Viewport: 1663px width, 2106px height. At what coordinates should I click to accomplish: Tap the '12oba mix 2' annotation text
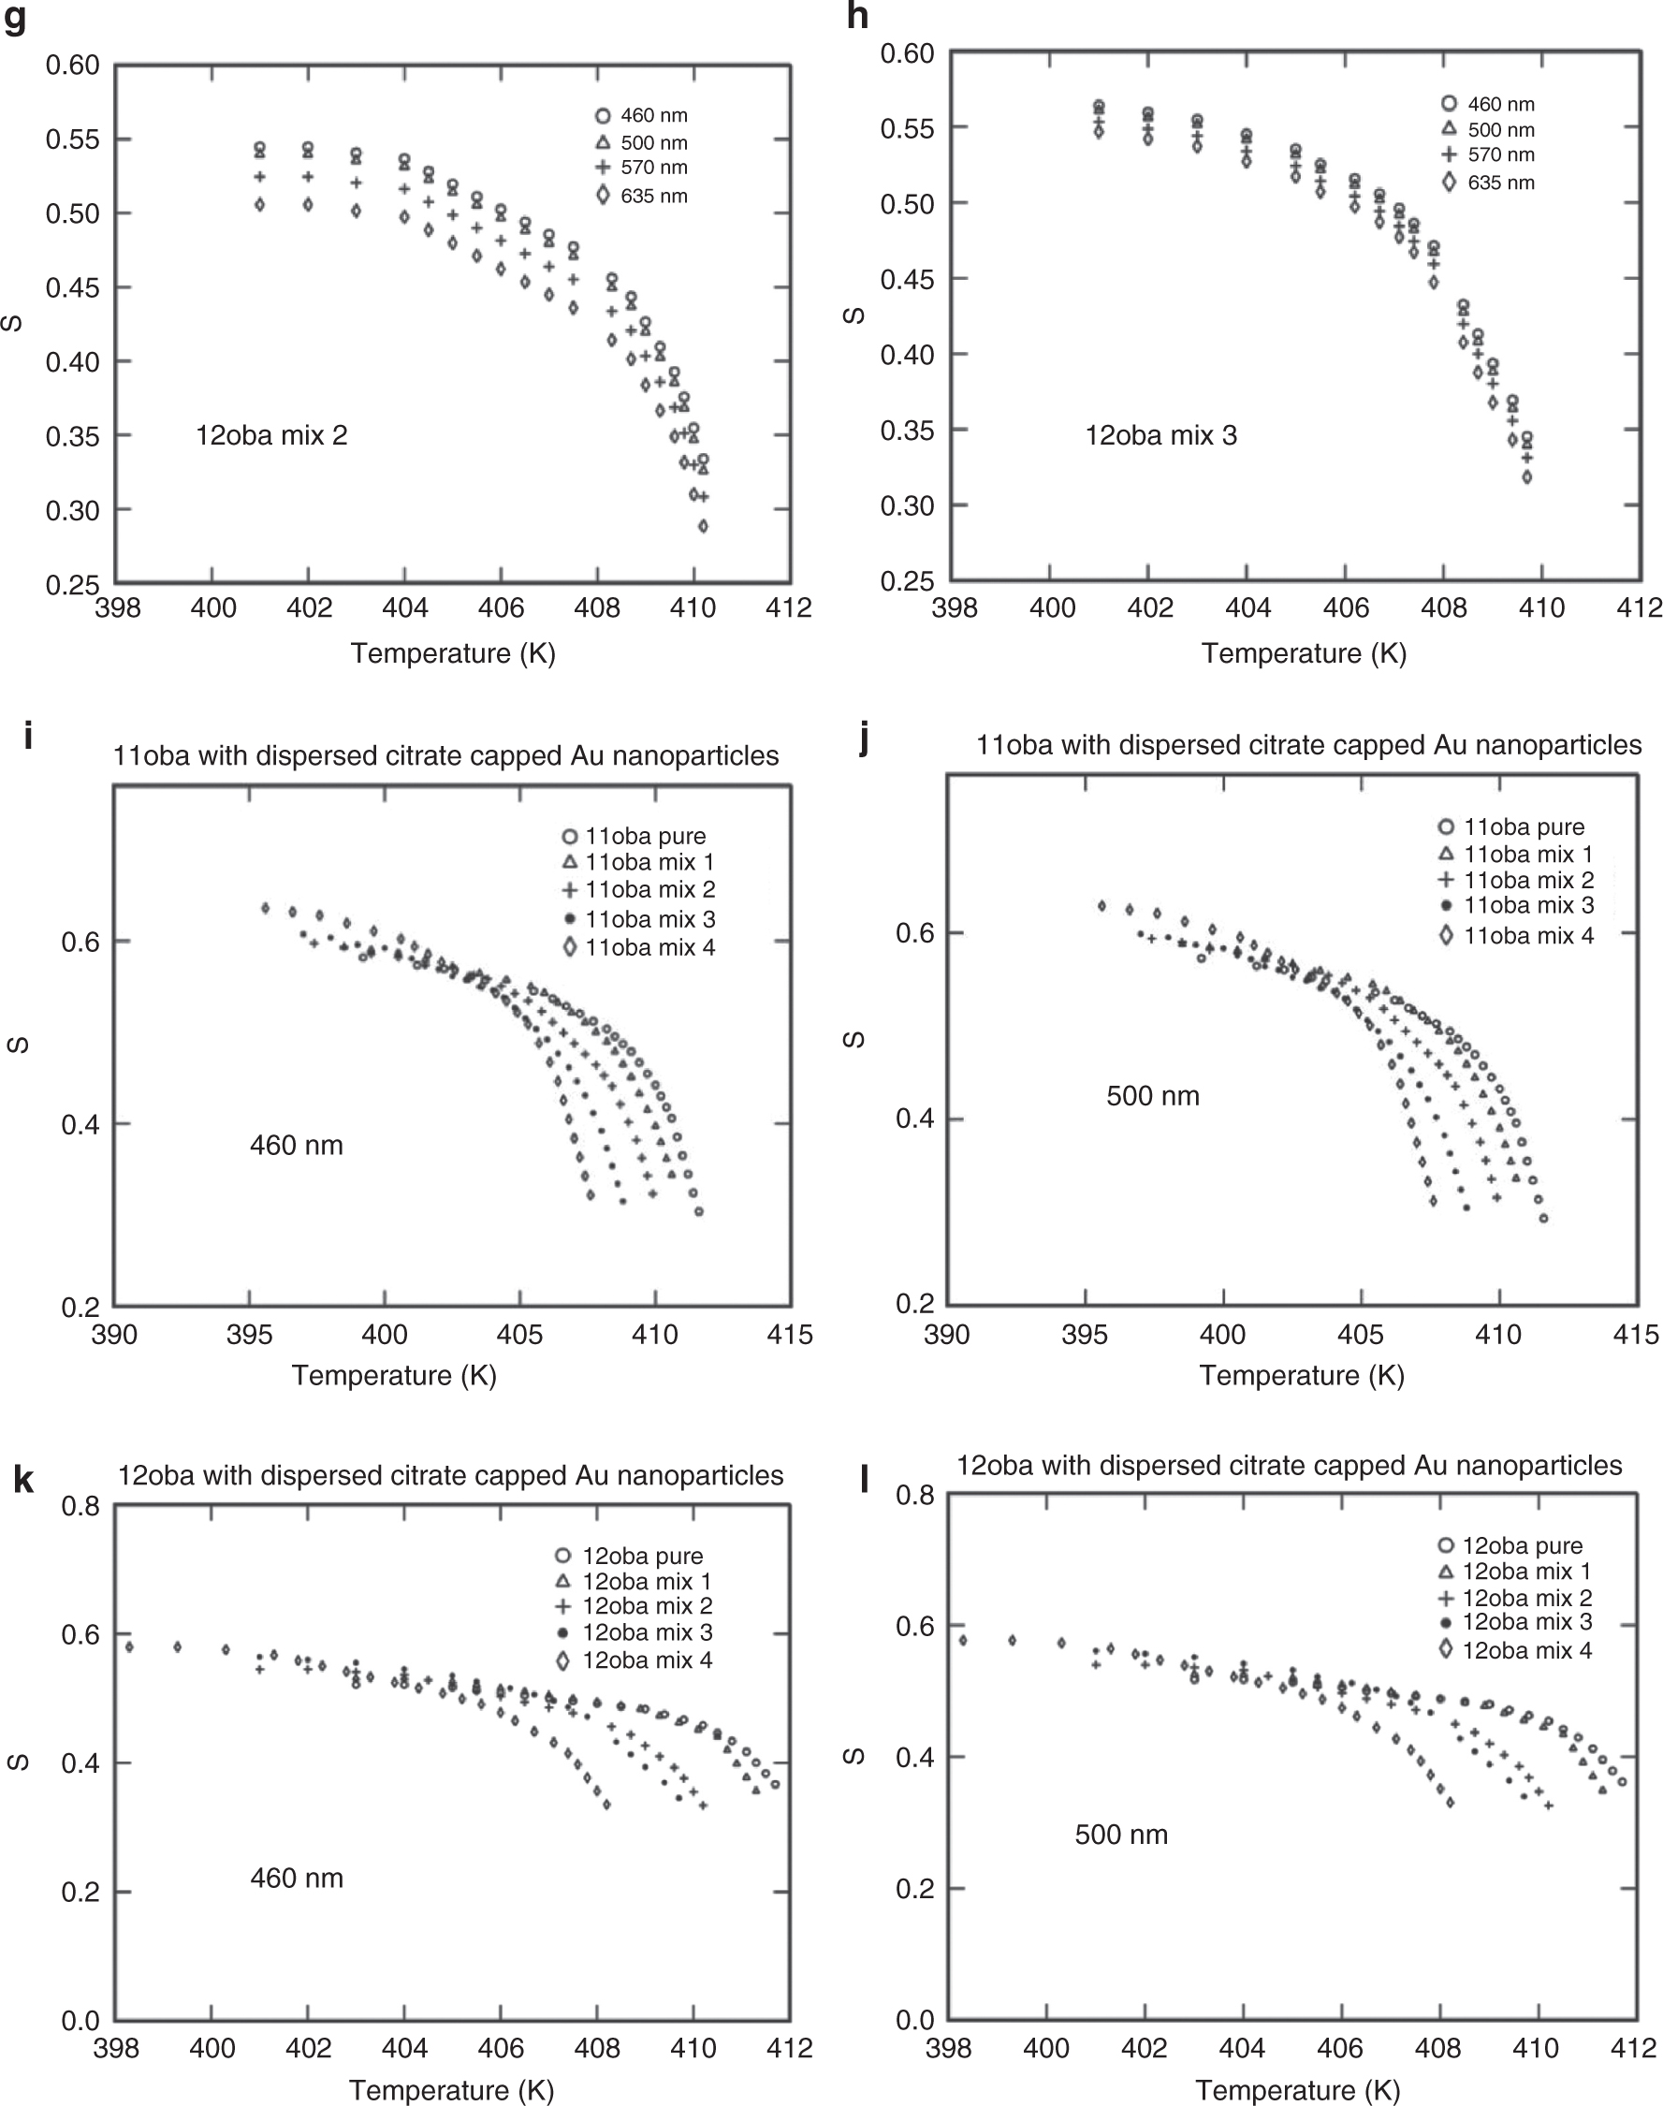click(271, 435)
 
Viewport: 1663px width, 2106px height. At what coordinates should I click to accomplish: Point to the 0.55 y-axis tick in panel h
click(907, 128)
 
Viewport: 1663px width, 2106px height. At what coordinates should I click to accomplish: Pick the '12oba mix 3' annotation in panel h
click(1160, 435)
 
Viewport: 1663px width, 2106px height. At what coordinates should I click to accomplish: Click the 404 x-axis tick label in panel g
click(405, 608)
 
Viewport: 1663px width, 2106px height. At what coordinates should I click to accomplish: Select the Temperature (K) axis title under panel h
click(1303, 653)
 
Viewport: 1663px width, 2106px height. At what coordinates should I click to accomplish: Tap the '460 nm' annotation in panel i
click(296, 1145)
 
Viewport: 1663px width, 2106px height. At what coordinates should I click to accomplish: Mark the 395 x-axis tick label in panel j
click(1084, 1335)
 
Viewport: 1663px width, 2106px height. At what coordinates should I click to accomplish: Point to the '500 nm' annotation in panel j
click(1152, 1096)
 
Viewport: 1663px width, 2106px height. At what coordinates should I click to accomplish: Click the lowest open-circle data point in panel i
click(699, 1212)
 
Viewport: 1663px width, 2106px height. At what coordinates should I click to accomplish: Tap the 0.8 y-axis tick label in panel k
click(80, 1506)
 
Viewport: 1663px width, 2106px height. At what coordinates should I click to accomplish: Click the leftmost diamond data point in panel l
click(963, 1641)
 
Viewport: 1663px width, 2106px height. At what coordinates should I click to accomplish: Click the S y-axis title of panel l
click(853, 1757)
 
